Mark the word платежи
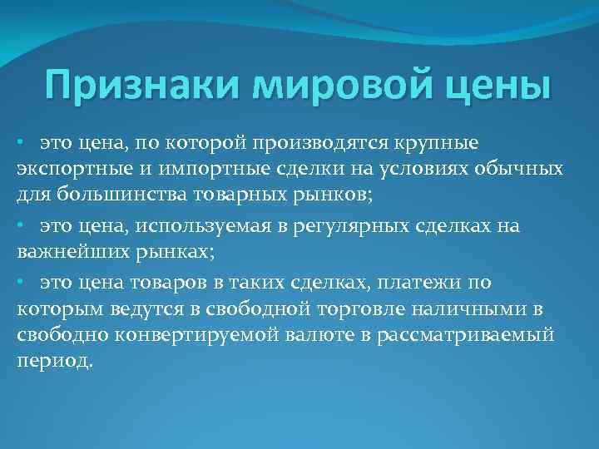point(420,283)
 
